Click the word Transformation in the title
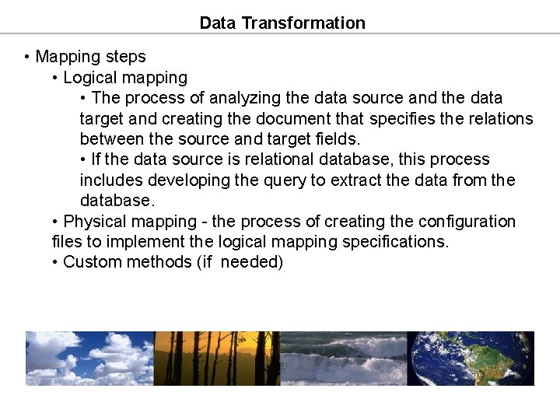pyautogui.click(x=303, y=23)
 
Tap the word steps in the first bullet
pyautogui.click(x=125, y=57)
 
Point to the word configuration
pyautogui.click(x=468, y=222)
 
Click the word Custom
pyautogui.click(x=89, y=262)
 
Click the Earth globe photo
pyautogui.click(x=471, y=359)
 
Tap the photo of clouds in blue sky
pyautogui.click(x=89, y=359)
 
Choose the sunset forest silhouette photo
pyautogui.click(x=216, y=359)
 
